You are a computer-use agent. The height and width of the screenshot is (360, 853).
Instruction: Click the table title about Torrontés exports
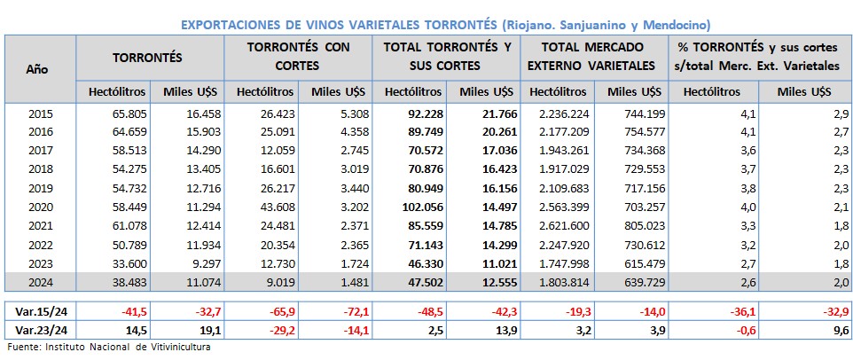point(445,24)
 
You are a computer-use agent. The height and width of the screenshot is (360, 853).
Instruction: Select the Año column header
point(37,67)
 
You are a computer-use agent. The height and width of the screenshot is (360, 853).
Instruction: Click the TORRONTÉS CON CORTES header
point(297,56)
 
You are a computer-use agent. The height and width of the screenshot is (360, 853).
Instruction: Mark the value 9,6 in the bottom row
point(842,330)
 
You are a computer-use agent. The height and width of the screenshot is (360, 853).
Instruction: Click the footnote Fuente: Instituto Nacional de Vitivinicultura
point(108,348)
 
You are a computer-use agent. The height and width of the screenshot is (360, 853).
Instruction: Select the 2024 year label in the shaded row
point(41,281)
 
